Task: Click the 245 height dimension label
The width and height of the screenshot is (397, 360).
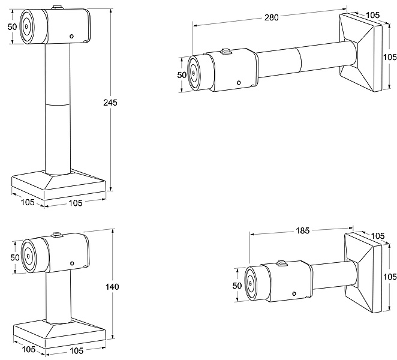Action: (x=110, y=102)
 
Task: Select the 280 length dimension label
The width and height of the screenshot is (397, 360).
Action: (x=271, y=17)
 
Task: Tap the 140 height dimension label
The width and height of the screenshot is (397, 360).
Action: (x=112, y=287)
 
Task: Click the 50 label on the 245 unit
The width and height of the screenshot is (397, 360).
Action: (x=11, y=27)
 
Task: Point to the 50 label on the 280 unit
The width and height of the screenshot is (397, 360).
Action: (x=182, y=74)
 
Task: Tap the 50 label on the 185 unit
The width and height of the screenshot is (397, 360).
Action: (x=237, y=286)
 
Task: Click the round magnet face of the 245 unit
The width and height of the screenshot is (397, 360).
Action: (x=27, y=26)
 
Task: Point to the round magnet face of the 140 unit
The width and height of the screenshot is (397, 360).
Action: (x=28, y=257)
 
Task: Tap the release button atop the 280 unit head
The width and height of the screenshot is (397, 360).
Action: (x=226, y=52)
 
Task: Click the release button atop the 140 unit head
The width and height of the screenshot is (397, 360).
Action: (x=58, y=234)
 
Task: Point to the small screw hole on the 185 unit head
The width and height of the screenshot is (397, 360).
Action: (x=294, y=293)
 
